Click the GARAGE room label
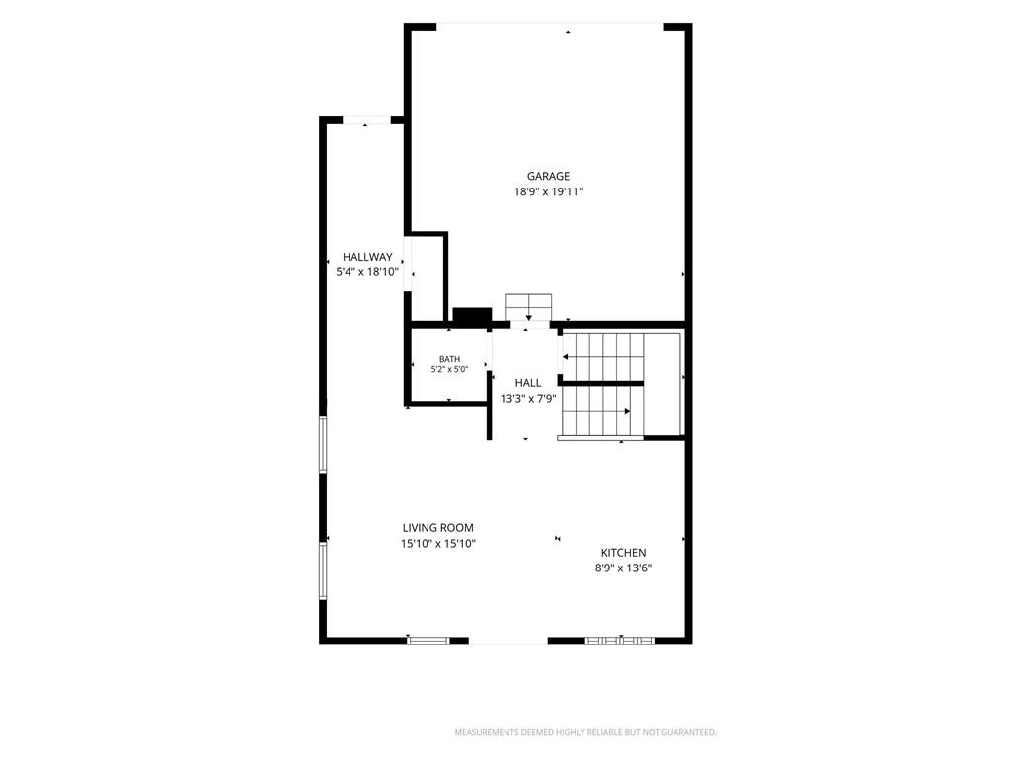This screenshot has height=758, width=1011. tap(548, 176)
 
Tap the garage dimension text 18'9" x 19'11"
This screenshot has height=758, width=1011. tap(548, 191)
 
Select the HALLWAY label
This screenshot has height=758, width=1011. tap(367, 257)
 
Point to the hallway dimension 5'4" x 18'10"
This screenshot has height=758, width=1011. tap(367, 272)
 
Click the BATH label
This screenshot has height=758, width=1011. tap(449, 359)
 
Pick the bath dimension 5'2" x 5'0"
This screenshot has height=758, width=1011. tap(449, 370)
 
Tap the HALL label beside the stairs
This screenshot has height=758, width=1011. tap(528, 383)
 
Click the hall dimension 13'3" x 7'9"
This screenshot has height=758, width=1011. tap(528, 399)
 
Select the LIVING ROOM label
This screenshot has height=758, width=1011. tap(437, 528)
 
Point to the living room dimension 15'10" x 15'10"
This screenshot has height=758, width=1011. tap(437, 544)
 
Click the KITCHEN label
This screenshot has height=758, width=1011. tap(624, 553)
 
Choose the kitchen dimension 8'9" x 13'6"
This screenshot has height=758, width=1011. tap(624, 568)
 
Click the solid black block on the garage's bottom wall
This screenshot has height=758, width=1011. tap(472, 315)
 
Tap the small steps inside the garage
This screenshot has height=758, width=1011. tap(529, 306)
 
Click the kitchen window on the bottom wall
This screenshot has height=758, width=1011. tap(620, 641)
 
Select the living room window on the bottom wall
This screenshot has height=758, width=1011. tap(428, 641)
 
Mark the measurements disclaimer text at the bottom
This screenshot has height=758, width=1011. tap(585, 733)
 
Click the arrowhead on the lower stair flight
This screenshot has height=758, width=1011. tap(627, 411)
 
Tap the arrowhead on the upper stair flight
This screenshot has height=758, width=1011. tap(566, 357)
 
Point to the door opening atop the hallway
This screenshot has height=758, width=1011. tap(366, 120)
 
